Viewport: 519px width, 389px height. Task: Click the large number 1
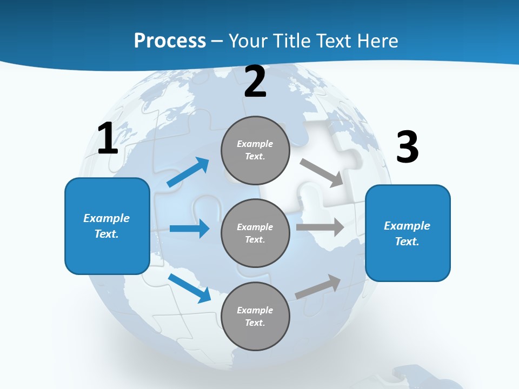coord(108,139)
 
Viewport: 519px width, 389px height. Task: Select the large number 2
coord(255,82)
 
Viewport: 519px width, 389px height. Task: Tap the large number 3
coord(408,147)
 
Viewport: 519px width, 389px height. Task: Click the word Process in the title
coord(170,41)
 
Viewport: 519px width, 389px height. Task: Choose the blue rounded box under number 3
coord(408,262)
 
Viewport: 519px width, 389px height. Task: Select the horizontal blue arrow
coord(189,229)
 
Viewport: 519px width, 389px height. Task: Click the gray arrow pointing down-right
coord(322,173)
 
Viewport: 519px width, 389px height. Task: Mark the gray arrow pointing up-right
coord(318,286)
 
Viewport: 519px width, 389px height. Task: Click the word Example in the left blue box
coord(107,218)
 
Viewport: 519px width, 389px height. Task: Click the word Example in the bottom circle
coord(255,310)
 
